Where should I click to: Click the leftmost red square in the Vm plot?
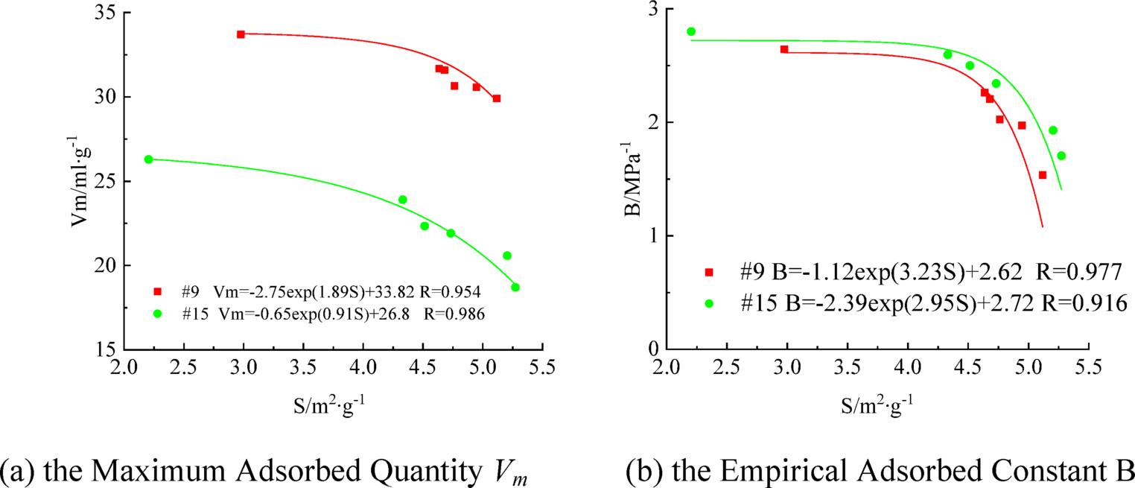click(x=241, y=34)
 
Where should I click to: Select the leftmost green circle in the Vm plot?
click(x=148, y=159)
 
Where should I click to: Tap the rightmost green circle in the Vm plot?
click(x=515, y=288)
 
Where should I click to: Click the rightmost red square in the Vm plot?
click(x=497, y=98)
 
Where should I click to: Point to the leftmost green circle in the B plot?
click(x=691, y=31)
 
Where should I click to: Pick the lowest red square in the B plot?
click(x=1043, y=175)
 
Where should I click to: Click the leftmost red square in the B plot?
click(x=784, y=49)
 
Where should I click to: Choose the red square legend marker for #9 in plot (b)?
click(x=709, y=273)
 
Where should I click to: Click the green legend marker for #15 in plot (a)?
click(x=157, y=314)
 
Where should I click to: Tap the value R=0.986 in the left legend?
click(x=454, y=314)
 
